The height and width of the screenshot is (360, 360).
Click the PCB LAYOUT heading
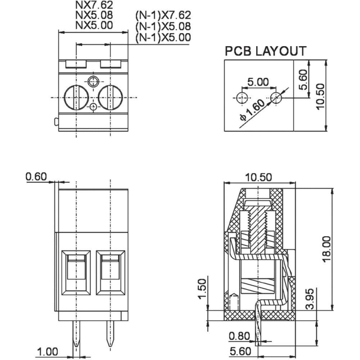265,51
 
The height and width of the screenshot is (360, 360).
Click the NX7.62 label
94,5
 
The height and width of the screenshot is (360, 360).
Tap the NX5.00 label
94,25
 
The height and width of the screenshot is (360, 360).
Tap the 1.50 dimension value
202,289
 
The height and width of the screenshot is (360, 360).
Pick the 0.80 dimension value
239,336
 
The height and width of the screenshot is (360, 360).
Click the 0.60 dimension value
36,177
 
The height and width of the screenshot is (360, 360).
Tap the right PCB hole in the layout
276,98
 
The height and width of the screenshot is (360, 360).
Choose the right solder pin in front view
110,333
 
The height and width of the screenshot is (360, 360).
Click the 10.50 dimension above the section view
258,177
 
